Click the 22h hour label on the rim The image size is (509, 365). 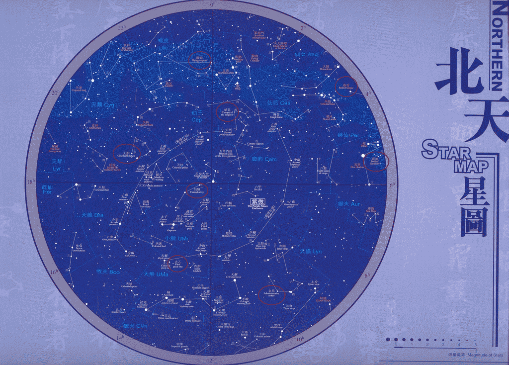[x=121, y=27]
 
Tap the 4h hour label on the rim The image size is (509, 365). [x=368, y=93]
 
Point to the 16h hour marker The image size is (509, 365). [x=55, y=272]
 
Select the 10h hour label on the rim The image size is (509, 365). [x=300, y=339]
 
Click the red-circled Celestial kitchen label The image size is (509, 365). [x=126, y=154]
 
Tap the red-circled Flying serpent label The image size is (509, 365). [x=201, y=60]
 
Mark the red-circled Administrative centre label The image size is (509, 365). [x=272, y=294]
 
